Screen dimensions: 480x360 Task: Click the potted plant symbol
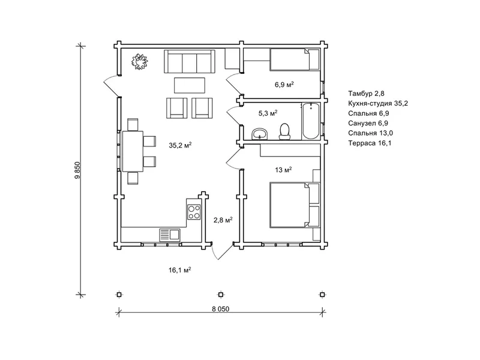[140, 62]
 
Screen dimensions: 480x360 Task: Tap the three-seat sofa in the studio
[190, 62]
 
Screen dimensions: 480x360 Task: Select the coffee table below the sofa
[190, 85]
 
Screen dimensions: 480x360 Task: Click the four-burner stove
[194, 212]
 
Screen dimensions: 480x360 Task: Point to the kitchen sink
[170, 235]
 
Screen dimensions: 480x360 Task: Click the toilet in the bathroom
[284, 131]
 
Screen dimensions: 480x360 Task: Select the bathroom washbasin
[260, 134]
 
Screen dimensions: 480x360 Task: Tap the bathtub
[311, 121]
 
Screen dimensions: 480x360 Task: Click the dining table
[133, 151]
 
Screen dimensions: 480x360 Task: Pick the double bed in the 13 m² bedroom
[295, 205]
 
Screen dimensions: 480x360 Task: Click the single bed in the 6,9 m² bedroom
[295, 59]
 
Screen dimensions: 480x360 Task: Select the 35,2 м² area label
[181, 145]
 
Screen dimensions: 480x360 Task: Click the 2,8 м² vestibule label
[223, 220]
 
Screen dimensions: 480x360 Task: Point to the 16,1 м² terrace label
[180, 269]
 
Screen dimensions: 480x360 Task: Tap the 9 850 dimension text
[77, 170]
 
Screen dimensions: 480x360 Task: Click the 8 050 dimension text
[220, 309]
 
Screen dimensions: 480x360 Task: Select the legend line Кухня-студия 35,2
[378, 103]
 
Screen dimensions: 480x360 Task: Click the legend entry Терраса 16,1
[370, 143]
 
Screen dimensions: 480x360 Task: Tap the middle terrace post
[221, 295]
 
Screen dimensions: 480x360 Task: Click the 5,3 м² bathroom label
[268, 113]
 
